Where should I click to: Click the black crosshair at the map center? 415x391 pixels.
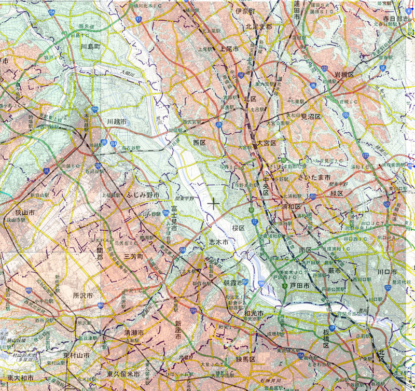click(x=213, y=204)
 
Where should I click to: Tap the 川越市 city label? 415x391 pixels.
click(x=117, y=121)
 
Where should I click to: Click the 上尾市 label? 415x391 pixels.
click(x=229, y=48)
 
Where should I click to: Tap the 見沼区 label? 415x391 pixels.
click(x=312, y=116)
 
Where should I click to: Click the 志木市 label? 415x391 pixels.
click(x=218, y=242)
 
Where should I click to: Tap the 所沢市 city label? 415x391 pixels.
click(x=83, y=296)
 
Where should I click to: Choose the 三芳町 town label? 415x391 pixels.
click(x=133, y=257)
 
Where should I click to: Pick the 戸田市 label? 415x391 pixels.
click(x=299, y=286)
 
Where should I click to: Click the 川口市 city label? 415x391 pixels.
click(x=387, y=272)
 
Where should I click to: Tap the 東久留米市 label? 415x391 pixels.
click(x=123, y=374)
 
